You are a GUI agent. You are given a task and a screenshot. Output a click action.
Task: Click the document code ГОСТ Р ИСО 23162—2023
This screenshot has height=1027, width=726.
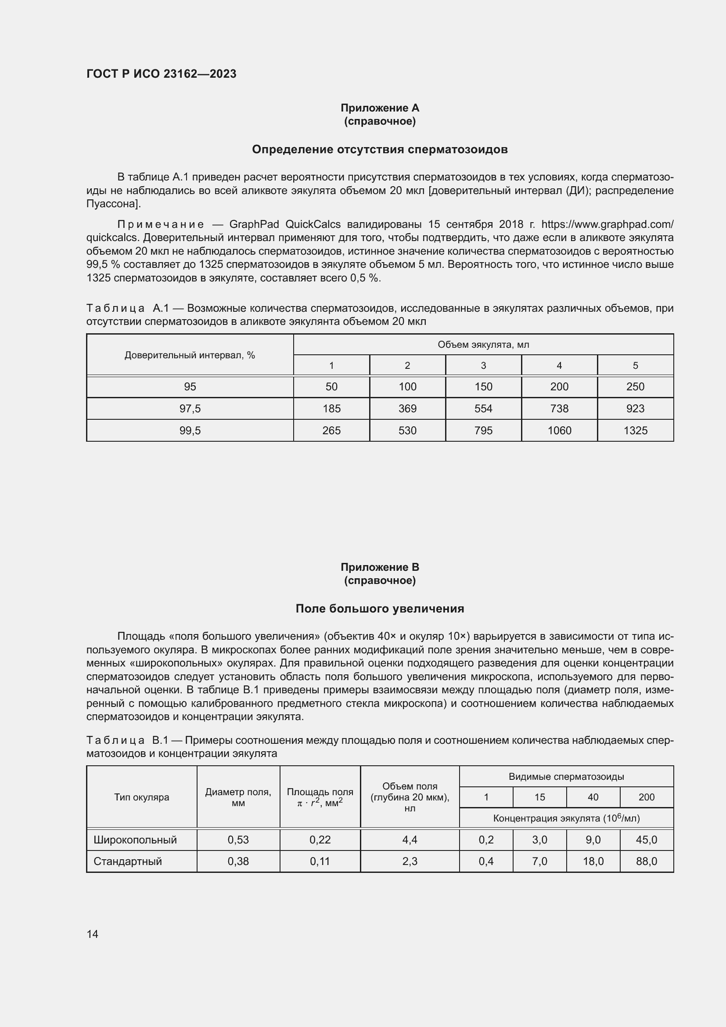point(161,74)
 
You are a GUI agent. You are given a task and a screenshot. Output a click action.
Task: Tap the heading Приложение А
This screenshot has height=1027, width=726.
point(380,108)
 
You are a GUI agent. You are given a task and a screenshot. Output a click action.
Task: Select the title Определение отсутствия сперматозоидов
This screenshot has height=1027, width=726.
point(380,149)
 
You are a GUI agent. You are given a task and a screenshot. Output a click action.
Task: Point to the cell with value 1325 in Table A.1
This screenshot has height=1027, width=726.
point(635,430)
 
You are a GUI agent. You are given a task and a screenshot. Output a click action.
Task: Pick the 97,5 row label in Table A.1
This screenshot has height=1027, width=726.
point(190,408)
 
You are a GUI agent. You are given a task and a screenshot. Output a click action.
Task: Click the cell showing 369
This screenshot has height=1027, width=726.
point(407,408)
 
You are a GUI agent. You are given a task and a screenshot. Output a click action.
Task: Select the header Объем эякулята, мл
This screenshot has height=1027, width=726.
point(483,344)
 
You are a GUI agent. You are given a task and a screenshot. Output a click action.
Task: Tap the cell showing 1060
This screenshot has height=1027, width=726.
point(559,430)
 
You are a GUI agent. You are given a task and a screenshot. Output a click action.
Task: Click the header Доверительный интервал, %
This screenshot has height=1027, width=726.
point(190,355)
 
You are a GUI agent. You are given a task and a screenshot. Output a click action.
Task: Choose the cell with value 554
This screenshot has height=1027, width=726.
point(483,408)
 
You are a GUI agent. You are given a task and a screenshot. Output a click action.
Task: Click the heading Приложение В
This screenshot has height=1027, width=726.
point(380,567)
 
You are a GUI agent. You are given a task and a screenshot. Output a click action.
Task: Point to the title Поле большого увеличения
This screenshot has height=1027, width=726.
point(380,608)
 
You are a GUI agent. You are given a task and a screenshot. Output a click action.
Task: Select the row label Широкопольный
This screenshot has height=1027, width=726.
point(135,840)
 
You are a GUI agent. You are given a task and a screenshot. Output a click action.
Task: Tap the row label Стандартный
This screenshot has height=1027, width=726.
point(127,861)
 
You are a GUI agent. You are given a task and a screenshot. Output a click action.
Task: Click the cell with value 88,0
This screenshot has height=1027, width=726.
point(646,861)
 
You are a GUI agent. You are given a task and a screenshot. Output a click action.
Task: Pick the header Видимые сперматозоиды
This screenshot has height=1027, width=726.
point(566,777)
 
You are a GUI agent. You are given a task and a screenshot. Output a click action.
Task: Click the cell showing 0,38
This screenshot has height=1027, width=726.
point(238,861)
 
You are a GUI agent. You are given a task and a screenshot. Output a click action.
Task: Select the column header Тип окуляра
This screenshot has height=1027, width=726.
point(141,797)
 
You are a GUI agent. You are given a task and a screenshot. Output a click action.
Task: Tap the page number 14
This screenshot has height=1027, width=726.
point(93,934)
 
